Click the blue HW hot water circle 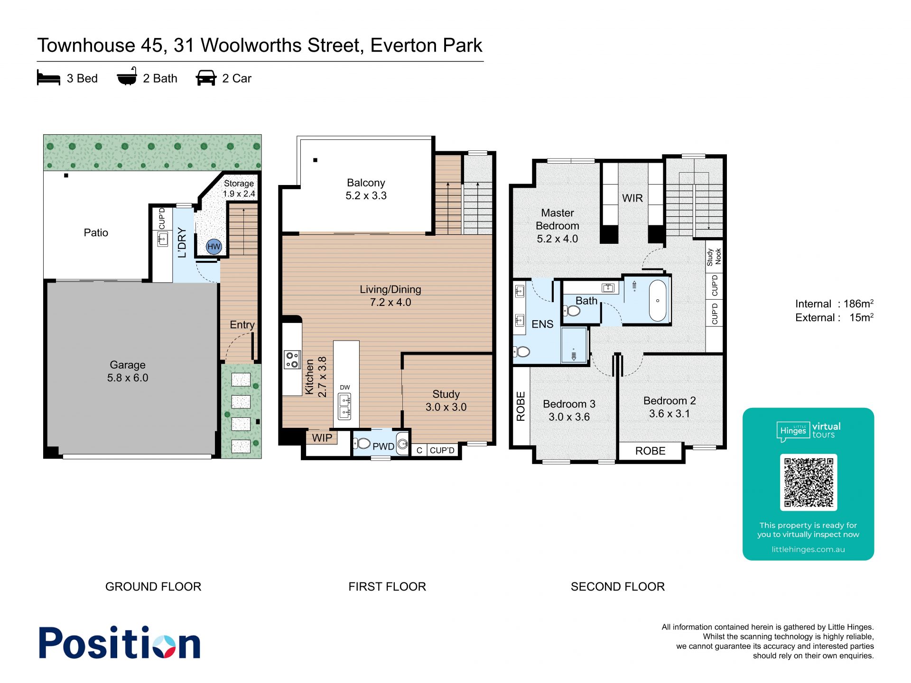(214, 246)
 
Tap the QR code (809, 482)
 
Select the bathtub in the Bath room (658, 301)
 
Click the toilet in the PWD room (363, 443)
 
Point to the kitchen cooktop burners (292, 360)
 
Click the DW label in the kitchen (345, 388)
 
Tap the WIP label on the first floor (322, 438)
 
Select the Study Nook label (714, 257)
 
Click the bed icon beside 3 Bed (48, 78)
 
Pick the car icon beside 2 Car (206, 78)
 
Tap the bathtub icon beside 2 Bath (127, 76)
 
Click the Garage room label (128, 371)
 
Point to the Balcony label (366, 189)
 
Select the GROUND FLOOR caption (153, 587)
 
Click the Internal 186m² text (835, 304)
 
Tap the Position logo (120, 643)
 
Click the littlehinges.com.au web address (809, 549)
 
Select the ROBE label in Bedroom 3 (521, 406)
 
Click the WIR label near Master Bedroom (632, 198)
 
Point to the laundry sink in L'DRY (163, 239)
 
